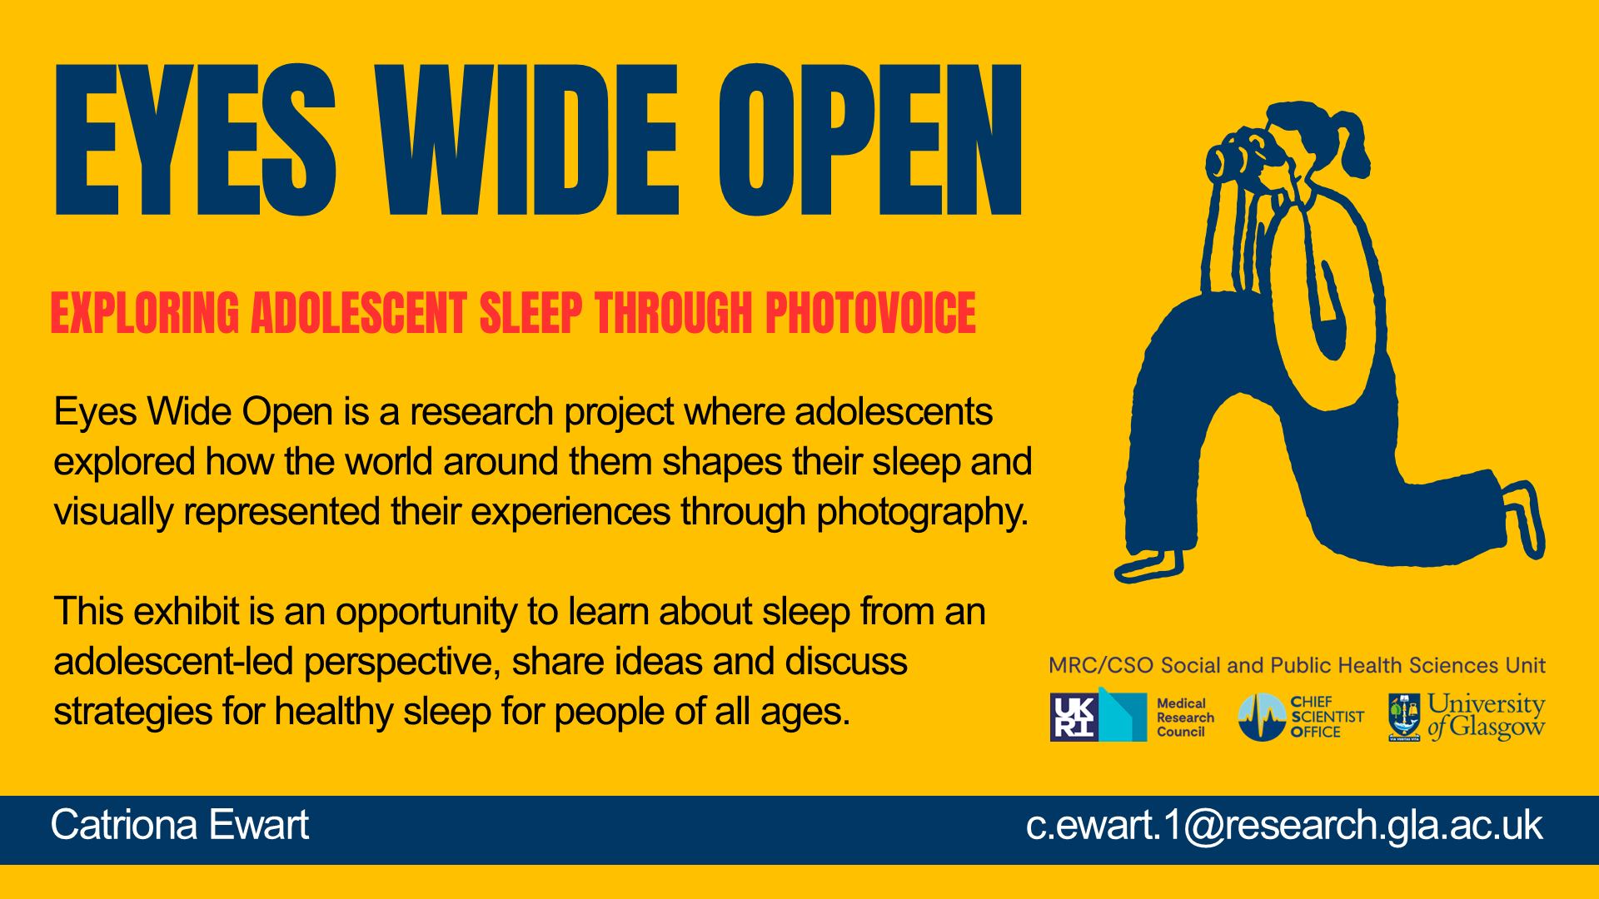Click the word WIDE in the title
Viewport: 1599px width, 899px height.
(x=526, y=140)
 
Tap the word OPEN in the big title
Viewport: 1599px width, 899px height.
(x=870, y=140)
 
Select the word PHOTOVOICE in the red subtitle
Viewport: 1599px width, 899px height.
(x=869, y=313)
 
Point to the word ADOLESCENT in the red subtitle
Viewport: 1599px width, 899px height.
(x=359, y=313)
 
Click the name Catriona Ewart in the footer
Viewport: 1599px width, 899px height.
(x=179, y=825)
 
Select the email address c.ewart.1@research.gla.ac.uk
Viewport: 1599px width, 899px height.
(x=1283, y=825)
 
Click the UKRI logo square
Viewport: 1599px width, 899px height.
(x=1074, y=717)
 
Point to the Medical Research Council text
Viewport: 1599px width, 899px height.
(x=1184, y=718)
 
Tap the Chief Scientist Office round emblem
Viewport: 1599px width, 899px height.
(x=1261, y=718)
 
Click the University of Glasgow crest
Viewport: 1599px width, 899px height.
(x=1404, y=717)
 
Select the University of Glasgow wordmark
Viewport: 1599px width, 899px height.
(x=1486, y=717)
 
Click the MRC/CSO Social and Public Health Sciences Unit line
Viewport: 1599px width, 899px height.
(x=1297, y=665)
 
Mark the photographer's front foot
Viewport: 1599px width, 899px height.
(x=1149, y=566)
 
